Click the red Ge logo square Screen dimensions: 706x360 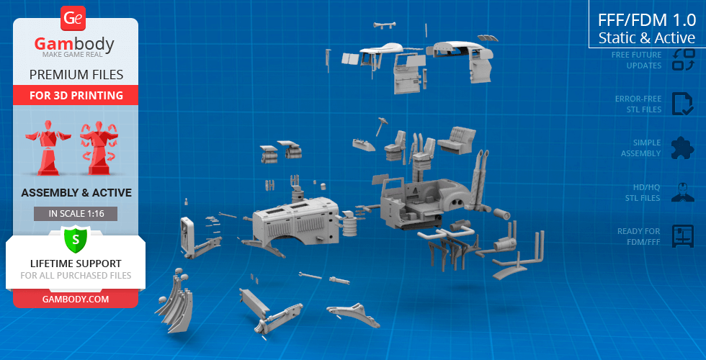(x=73, y=19)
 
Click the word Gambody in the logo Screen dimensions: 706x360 (x=74, y=44)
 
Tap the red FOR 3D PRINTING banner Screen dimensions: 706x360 (x=76, y=95)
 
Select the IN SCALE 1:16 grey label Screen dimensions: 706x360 (x=76, y=214)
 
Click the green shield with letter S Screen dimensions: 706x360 (x=75, y=239)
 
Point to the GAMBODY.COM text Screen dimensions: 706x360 (x=76, y=300)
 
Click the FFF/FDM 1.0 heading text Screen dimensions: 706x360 (x=647, y=20)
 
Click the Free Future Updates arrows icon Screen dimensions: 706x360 (x=683, y=59)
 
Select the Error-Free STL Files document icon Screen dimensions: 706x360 (x=683, y=104)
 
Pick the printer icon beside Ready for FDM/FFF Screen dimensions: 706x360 (x=683, y=236)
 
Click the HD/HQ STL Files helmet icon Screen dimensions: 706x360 (x=683, y=192)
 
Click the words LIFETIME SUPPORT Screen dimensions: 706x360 (x=76, y=264)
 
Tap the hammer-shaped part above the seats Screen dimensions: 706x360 (x=381, y=126)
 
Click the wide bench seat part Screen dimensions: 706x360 (x=457, y=140)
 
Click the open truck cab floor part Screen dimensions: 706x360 (x=419, y=202)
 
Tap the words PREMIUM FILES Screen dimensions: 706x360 (x=76, y=74)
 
